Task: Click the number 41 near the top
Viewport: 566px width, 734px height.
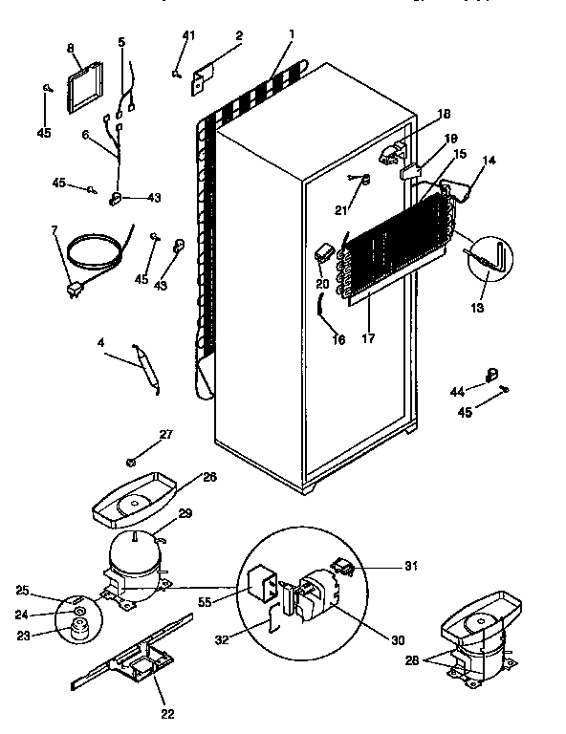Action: [x=188, y=35]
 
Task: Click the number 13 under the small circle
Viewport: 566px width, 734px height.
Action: [x=477, y=308]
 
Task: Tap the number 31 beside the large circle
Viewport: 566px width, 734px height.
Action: [x=412, y=566]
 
